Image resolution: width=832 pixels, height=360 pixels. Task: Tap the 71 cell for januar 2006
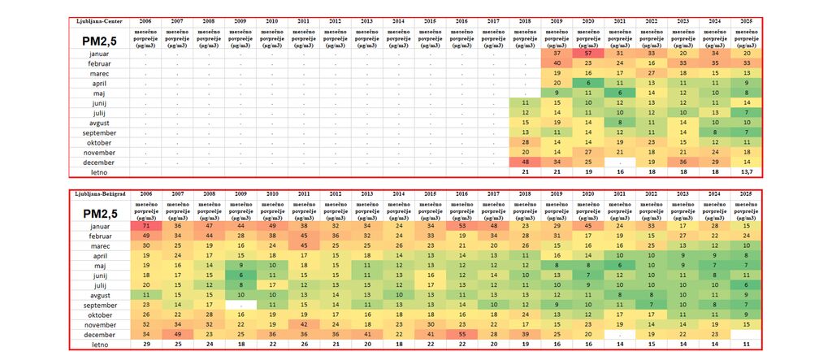145,224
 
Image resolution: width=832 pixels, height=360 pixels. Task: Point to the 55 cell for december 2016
460,333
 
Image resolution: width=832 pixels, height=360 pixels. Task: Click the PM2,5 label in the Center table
99,37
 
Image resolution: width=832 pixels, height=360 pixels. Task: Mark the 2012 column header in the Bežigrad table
335,194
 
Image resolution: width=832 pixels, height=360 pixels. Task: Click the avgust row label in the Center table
99,123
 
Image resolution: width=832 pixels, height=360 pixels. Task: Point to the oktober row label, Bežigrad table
99,314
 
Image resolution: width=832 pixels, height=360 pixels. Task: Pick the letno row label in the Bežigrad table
99,344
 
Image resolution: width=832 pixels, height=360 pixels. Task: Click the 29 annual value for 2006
145,344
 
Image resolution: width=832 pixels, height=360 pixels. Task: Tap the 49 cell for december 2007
176,333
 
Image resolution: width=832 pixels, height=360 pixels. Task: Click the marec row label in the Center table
99,73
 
